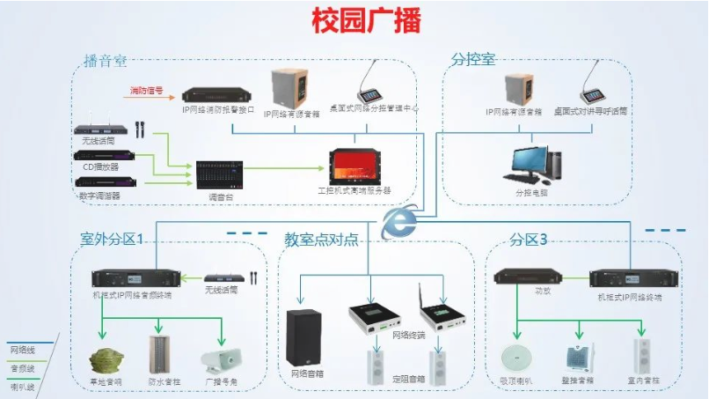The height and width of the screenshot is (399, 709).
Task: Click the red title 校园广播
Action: coord(354,21)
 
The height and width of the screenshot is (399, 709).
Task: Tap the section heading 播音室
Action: coord(105,61)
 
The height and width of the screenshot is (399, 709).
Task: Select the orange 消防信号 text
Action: coord(147,91)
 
